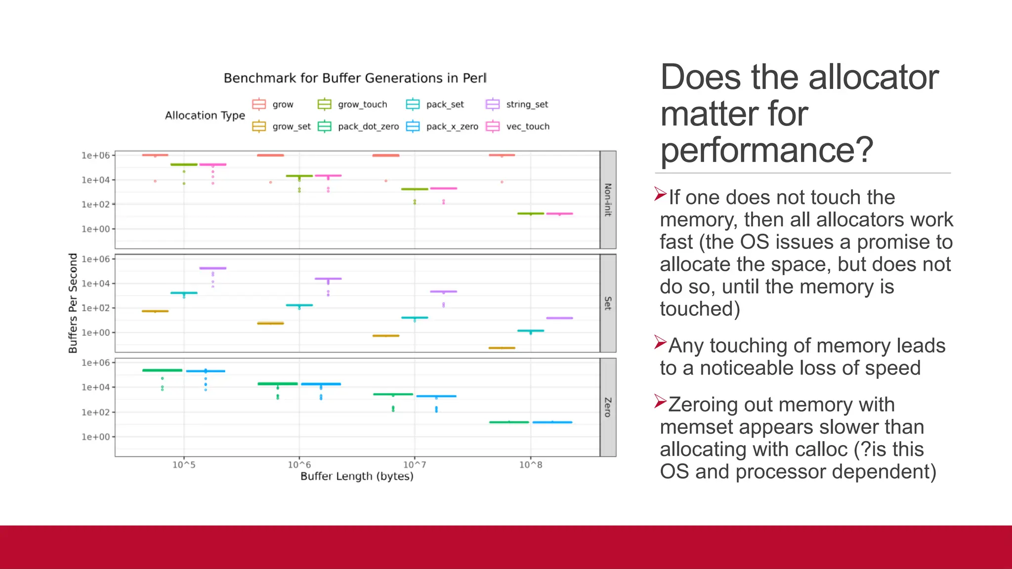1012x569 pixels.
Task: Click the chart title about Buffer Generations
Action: point(355,78)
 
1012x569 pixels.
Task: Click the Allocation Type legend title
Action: point(205,116)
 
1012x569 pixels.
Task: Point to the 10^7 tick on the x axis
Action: point(414,465)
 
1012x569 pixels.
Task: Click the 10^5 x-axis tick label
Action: point(183,465)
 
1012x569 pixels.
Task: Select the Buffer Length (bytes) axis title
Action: point(357,477)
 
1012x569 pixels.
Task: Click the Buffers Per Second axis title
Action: point(73,303)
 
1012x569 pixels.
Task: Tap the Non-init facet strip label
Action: point(608,200)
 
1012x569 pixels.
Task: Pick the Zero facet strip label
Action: point(608,407)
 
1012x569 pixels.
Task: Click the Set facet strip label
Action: point(608,303)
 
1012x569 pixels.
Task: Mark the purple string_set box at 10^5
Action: point(212,268)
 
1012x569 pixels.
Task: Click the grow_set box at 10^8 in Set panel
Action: point(502,348)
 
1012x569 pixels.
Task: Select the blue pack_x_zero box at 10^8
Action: point(552,422)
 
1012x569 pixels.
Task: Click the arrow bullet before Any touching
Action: point(660,342)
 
